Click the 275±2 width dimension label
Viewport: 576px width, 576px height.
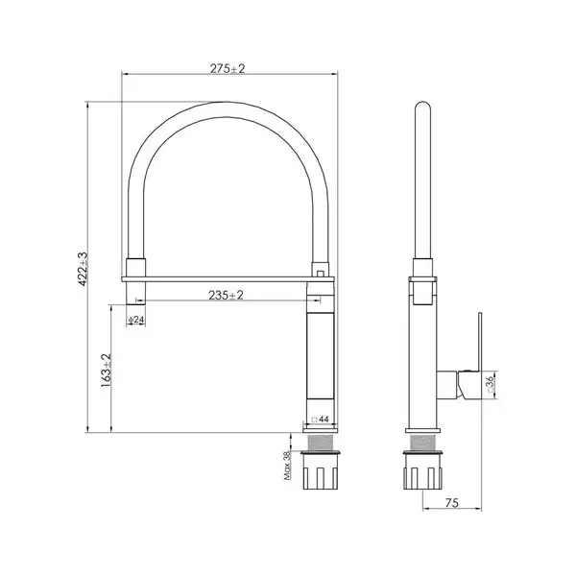tap(227, 69)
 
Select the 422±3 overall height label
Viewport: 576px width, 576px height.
tap(83, 269)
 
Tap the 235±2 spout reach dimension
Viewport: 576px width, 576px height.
tap(226, 295)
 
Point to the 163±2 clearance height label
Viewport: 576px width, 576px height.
tap(106, 370)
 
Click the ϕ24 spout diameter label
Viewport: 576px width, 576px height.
tap(136, 320)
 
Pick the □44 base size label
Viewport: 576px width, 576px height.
tap(320, 420)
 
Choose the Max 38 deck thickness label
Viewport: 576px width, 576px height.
tap(287, 466)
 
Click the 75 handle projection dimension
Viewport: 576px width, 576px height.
tap(452, 503)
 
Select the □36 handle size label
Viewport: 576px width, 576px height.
tap(491, 385)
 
